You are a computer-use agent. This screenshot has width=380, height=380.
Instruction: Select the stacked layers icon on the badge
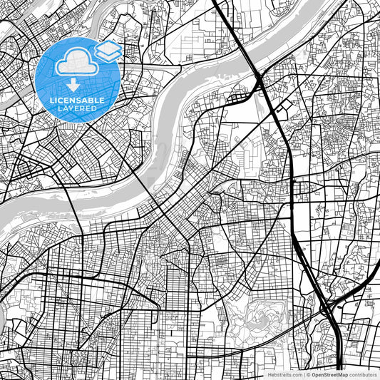point(108,51)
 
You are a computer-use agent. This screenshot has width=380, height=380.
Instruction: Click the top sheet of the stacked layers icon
point(108,47)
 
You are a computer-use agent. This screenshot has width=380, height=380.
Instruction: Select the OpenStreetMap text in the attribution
point(329,374)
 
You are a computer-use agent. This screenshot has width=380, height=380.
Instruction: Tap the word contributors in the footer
point(363,374)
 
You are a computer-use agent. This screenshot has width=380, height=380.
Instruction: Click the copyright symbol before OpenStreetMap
point(307,374)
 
